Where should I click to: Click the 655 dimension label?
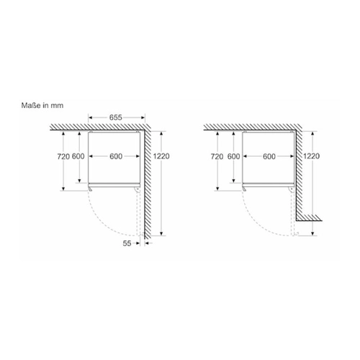[116, 117]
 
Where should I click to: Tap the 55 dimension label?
[127, 243]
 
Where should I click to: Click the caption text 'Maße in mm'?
[42, 105]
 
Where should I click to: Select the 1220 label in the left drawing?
[161, 156]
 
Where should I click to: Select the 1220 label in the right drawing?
[311, 156]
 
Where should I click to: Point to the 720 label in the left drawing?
[63, 156]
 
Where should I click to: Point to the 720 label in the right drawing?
[217, 156]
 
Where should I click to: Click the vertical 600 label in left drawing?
[78, 156]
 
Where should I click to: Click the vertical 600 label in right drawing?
[233, 156]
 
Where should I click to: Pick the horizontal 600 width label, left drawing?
[116, 156]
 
